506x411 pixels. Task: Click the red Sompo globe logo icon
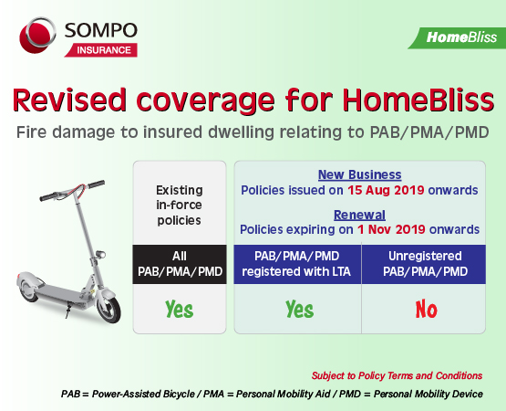[x=40, y=39]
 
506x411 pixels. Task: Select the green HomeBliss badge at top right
[x=460, y=37]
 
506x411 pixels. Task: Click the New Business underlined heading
[x=359, y=174]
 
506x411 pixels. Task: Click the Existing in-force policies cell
[x=180, y=203]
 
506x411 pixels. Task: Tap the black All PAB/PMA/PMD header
[x=180, y=265]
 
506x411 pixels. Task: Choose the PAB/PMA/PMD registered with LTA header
[x=299, y=265]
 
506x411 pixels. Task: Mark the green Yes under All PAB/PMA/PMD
[x=180, y=310]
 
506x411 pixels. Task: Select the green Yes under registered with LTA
[x=299, y=310]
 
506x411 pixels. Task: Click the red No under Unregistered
[x=426, y=310]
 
